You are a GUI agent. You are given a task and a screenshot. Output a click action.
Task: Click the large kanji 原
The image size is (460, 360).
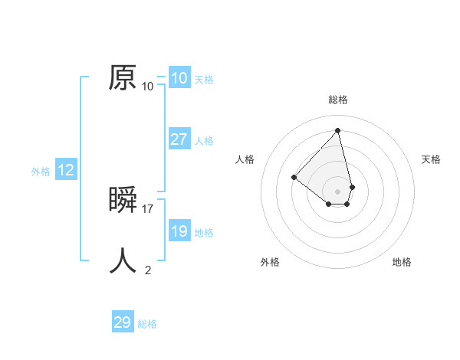tap(123, 77)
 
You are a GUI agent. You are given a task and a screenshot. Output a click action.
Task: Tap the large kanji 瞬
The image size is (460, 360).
tap(123, 200)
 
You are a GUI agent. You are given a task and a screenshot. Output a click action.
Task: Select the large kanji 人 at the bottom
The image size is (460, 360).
tap(123, 260)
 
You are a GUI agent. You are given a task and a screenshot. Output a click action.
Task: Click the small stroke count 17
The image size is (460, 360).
tap(148, 209)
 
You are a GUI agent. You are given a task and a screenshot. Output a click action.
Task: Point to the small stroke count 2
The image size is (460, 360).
tap(148, 270)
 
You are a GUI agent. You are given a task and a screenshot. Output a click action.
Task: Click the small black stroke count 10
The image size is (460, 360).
tap(148, 87)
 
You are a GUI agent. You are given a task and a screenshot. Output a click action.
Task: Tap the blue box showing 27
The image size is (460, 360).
tap(179, 139)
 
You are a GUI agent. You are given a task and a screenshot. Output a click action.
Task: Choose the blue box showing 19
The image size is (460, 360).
tap(179, 231)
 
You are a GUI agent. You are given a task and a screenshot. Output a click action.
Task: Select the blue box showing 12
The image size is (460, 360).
tap(66, 170)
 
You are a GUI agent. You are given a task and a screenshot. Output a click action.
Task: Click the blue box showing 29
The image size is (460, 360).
tap(123, 322)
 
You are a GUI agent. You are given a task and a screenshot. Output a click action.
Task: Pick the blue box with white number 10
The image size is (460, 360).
tap(179, 78)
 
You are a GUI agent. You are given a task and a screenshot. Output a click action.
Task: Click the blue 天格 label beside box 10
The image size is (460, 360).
tap(204, 80)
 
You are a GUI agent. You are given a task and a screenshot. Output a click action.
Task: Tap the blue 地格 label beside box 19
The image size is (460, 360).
tap(204, 233)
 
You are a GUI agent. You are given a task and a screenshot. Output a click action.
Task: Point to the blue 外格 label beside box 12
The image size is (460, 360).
tap(41, 172)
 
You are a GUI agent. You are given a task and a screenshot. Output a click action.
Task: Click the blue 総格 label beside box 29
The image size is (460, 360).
tap(147, 324)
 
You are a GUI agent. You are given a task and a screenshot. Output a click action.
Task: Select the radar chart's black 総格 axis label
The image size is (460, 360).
tap(338, 100)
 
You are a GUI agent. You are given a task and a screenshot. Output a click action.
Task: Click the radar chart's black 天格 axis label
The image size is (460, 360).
tap(432, 159)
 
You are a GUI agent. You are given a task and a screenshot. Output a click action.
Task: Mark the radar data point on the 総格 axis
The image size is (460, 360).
tap(338, 130)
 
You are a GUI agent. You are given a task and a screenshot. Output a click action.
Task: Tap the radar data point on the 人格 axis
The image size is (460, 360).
tap(294, 177)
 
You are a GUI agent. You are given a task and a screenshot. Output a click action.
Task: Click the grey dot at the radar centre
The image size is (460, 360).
tap(338, 191)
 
